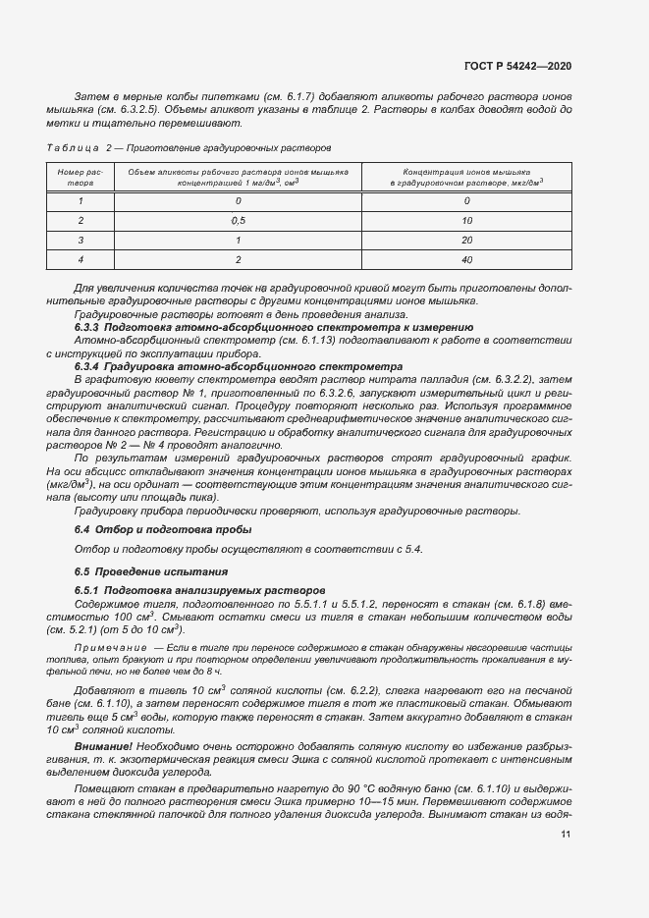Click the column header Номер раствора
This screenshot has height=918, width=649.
pyautogui.click(x=81, y=176)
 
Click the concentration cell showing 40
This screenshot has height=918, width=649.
pyautogui.click(x=466, y=259)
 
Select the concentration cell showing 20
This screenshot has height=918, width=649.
pyautogui.click(x=466, y=240)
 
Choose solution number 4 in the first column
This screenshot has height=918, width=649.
pyautogui.click(x=81, y=259)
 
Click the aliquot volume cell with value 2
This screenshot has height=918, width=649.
pyautogui.click(x=238, y=259)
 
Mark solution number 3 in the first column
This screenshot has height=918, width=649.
pyautogui.click(x=81, y=240)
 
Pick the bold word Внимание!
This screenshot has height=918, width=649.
pyautogui.click(x=101, y=748)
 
